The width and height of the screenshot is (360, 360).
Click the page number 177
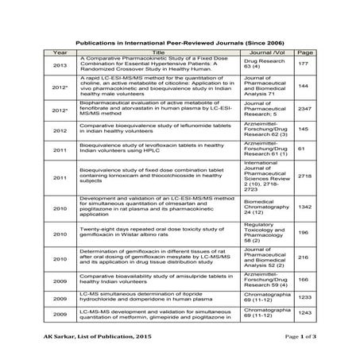tap(302, 64)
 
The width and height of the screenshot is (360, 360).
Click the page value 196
tap(302, 233)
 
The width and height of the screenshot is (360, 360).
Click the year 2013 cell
tap(60, 64)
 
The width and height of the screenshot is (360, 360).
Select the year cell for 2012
tap(60, 129)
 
